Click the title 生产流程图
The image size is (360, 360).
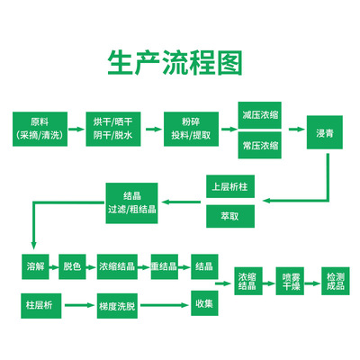point(175,62)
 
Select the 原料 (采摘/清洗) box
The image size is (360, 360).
point(40,129)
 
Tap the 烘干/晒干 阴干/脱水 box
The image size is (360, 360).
point(113,129)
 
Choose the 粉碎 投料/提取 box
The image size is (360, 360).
point(191,129)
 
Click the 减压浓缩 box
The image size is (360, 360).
point(260,115)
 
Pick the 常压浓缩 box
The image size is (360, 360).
point(260,145)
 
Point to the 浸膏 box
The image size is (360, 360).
point(325,132)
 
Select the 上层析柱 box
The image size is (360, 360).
point(230,186)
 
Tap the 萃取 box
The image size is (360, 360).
point(230,216)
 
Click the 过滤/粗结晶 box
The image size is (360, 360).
point(131,203)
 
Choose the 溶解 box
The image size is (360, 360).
point(35,266)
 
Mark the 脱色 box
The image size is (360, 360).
point(72,266)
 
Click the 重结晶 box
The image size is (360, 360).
point(165,266)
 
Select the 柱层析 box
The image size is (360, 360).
point(41,306)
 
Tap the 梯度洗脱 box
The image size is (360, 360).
point(117,306)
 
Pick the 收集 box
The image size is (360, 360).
point(204,303)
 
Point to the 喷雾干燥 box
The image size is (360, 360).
point(290,281)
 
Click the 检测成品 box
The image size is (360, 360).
point(336,281)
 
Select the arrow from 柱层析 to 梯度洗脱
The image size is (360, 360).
point(79,305)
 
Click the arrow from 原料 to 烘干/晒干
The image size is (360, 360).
point(76,130)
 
